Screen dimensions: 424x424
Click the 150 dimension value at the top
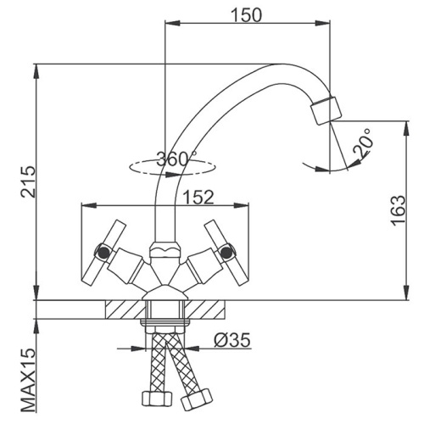(247, 14)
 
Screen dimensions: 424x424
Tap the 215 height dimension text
(28, 181)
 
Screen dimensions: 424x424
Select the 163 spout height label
(399, 210)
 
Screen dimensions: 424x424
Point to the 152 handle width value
(198, 197)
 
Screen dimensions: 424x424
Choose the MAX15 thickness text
(29, 381)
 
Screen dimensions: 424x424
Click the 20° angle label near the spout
(362, 142)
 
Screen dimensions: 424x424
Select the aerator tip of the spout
(326, 110)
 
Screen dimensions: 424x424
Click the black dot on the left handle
(104, 252)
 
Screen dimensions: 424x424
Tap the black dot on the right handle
(226, 252)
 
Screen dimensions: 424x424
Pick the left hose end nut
(157, 399)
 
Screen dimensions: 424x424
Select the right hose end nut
(197, 400)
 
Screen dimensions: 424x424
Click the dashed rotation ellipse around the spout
(171, 173)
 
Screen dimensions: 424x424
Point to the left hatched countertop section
(126, 310)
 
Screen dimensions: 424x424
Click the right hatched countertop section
(205, 310)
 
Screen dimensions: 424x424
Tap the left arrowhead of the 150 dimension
(172, 23)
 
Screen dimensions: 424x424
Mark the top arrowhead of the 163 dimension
(407, 129)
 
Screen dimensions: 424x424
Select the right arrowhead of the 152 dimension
(241, 205)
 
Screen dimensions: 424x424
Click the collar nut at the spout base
(165, 249)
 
